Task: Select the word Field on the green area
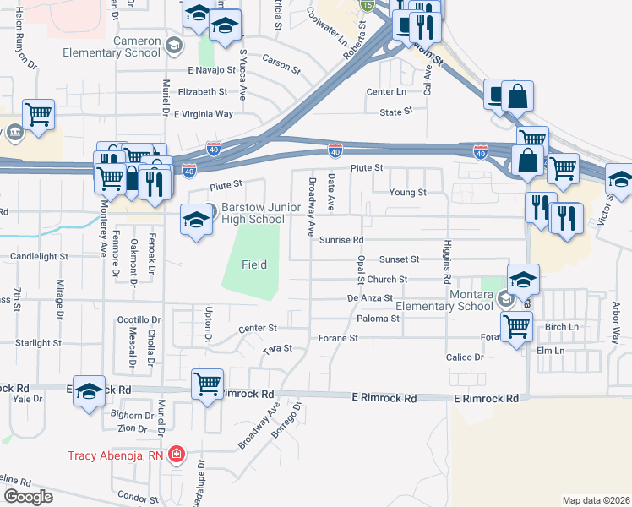(x=254, y=264)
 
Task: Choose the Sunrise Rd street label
(x=341, y=240)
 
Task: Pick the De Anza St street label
(x=370, y=298)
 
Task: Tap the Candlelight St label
(x=38, y=255)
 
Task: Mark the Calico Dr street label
(x=465, y=357)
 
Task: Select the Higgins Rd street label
(x=445, y=262)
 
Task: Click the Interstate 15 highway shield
(x=367, y=5)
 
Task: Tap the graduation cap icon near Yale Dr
(x=89, y=390)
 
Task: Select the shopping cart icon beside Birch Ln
(x=515, y=324)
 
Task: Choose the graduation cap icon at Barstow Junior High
(x=196, y=221)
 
